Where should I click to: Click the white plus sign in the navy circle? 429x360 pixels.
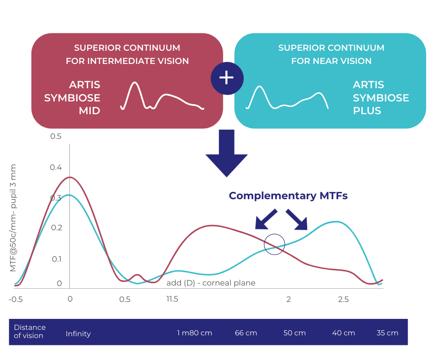226,78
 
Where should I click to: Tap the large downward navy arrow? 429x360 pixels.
226,153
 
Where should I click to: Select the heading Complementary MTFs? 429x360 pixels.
288,196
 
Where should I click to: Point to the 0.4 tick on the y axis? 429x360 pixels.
56,167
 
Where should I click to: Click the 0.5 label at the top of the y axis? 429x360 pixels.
56,136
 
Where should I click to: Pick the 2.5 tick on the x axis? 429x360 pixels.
343,299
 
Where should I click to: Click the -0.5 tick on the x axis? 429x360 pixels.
16,299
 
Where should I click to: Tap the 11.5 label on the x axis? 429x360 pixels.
173,299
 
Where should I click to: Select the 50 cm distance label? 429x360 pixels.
294,333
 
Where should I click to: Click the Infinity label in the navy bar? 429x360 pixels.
78,334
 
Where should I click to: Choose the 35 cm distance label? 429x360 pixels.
387,333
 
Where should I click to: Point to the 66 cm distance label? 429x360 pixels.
246,333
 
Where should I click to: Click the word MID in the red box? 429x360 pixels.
89,111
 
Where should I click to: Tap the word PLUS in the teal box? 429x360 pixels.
367,111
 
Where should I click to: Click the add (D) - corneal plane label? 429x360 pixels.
211,283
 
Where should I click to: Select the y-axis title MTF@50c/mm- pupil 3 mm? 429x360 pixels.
13,218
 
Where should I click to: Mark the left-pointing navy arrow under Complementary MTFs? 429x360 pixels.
266,219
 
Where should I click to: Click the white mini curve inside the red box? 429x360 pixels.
162,96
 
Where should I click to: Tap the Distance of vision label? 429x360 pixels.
30,332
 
